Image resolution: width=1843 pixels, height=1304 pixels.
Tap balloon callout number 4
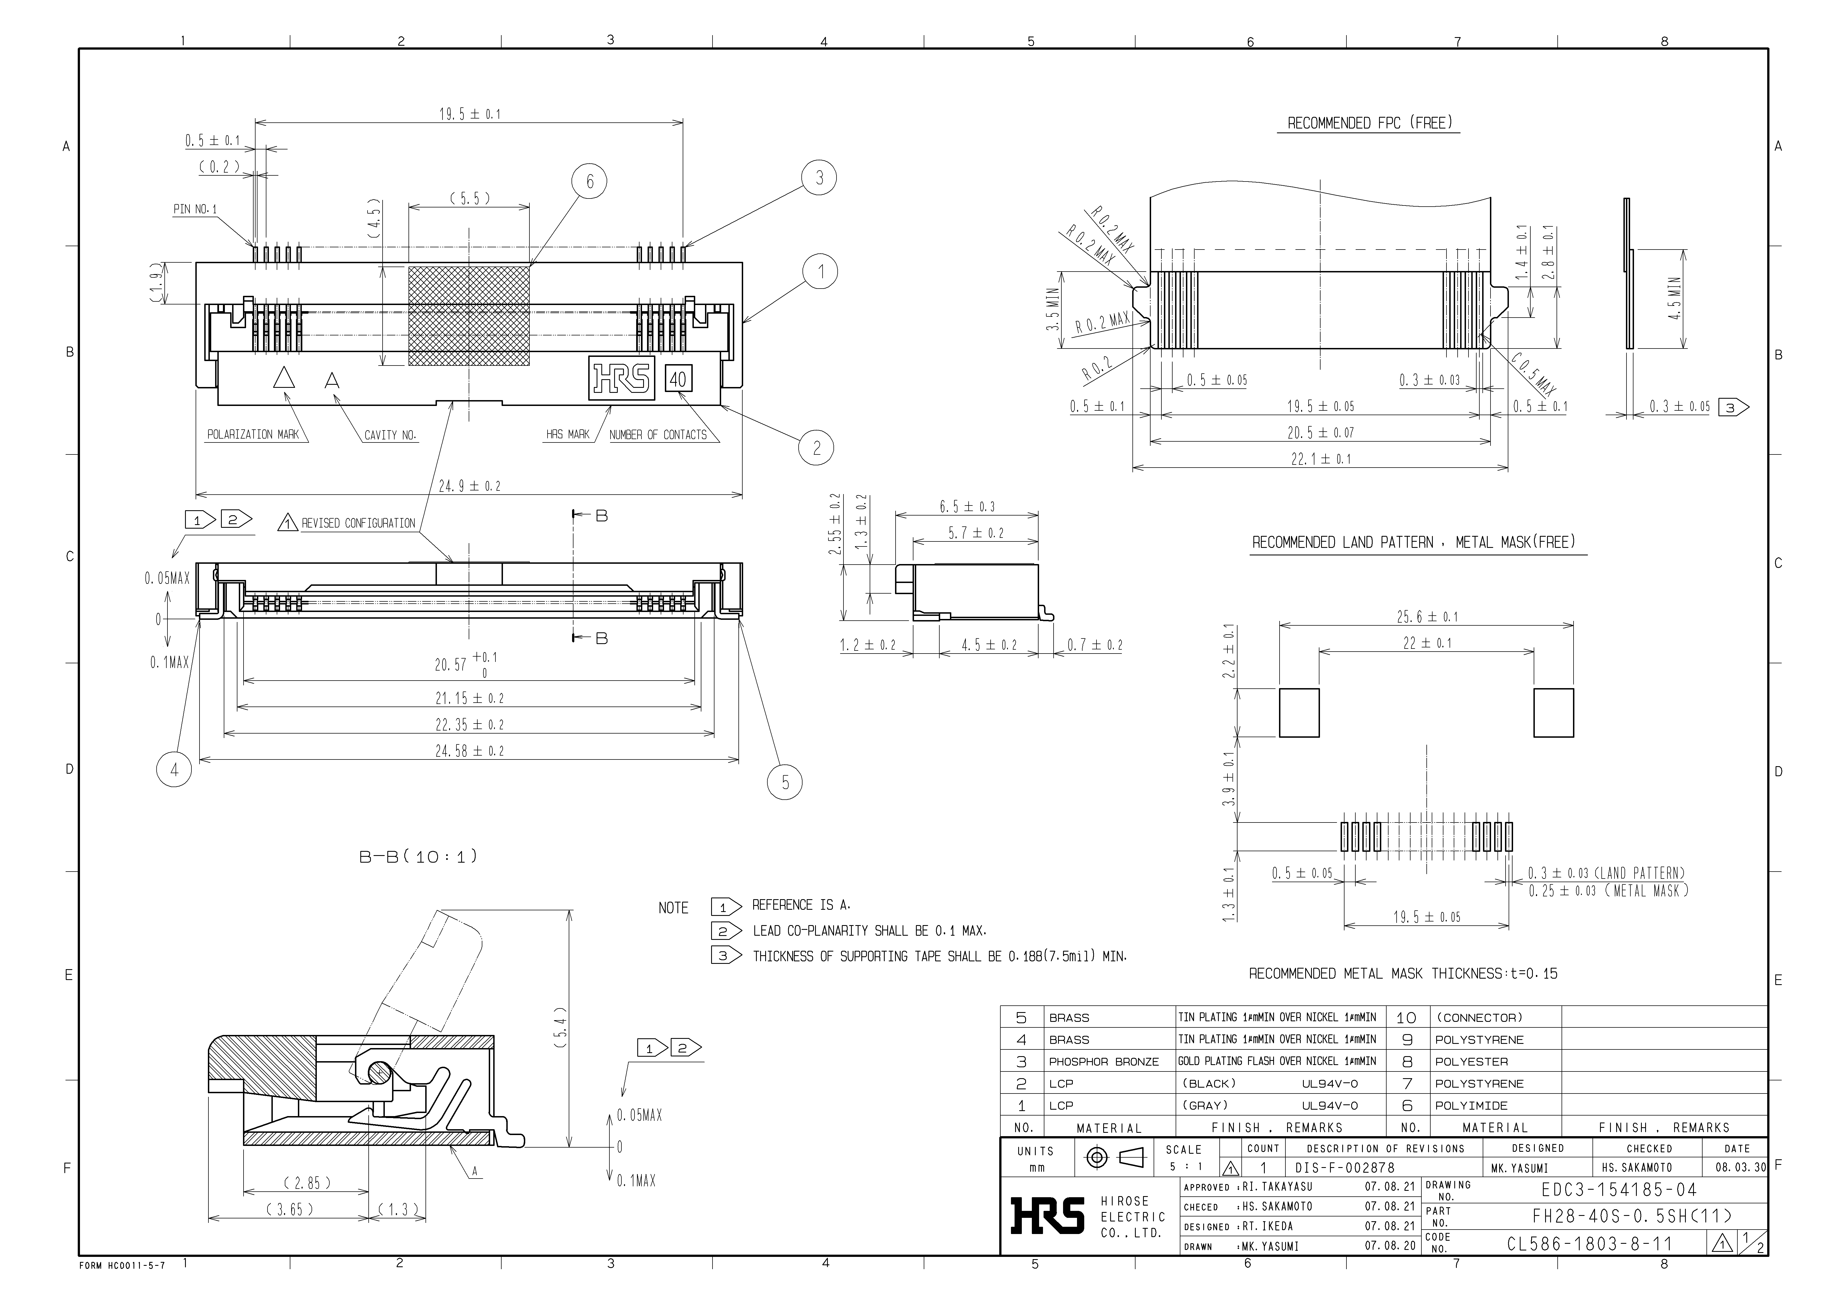[x=174, y=769]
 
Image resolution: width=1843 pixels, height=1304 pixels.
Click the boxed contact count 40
[x=678, y=379]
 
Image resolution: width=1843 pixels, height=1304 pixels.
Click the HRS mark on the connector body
[x=622, y=378]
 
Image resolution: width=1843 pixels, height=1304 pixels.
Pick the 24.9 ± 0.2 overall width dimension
[x=470, y=486]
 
